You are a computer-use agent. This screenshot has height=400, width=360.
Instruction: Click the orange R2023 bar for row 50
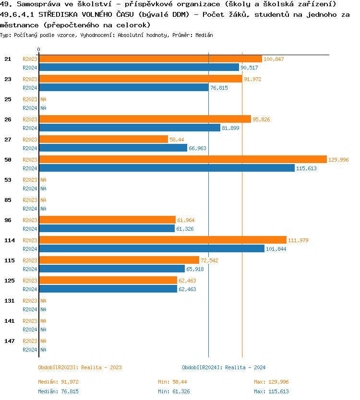pos(182,160)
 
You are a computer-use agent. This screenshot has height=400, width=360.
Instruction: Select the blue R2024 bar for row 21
pos(139,68)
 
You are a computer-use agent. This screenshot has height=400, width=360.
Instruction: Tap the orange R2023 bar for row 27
pos(103,140)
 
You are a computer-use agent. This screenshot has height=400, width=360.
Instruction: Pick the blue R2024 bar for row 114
pos(151,249)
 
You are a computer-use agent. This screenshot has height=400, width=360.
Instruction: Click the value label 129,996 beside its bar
pos(338,160)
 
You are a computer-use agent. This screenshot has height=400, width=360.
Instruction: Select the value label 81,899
pos(230,128)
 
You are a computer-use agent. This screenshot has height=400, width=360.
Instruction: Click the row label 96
pos(8,220)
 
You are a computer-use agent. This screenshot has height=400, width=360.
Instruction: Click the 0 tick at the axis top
pos(39,49)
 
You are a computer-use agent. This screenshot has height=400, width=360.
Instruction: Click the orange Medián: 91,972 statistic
pos(58,382)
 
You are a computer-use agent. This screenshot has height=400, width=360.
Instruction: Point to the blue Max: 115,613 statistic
pos(271,391)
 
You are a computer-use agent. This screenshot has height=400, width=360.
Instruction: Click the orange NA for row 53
pos(43,180)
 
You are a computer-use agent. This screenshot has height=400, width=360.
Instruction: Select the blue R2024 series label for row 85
pos(30,209)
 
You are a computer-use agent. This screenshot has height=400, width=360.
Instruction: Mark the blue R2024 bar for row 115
pos(111,269)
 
